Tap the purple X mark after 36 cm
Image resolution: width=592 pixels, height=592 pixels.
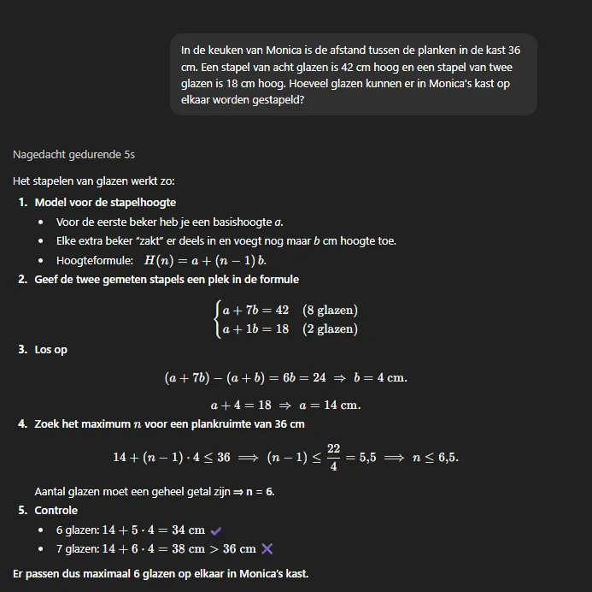tap(267, 548)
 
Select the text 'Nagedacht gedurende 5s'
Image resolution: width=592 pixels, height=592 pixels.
tap(74, 155)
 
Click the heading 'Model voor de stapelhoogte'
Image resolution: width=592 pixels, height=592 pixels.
tap(105, 203)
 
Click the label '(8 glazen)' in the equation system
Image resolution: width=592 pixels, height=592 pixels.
tap(330, 310)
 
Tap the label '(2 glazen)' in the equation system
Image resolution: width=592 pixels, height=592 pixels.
tap(330, 329)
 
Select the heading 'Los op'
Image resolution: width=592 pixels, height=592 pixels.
tap(50, 350)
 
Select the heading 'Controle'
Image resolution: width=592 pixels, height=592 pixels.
tap(56, 511)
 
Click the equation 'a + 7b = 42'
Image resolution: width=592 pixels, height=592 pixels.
tap(255, 310)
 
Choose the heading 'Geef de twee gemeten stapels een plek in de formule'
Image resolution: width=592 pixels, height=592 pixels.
tap(167, 280)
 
